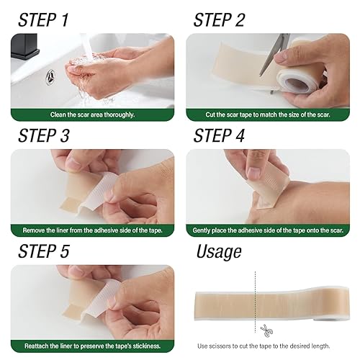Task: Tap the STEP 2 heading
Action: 229,19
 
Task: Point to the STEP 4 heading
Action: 229,135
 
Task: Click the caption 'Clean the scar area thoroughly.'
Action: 92,114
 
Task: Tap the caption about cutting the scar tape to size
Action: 268,114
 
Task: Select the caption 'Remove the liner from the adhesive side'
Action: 92,230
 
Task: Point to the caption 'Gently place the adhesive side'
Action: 268,230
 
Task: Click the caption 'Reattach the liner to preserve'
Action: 92,346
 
